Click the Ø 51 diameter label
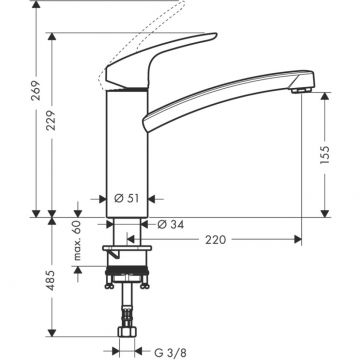[125, 199]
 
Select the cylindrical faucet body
[125, 150]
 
